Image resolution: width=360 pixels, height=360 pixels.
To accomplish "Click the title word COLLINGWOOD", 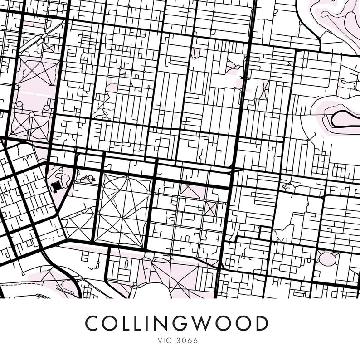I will click(176, 323).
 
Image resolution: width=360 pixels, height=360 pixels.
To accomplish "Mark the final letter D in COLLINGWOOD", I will click(261, 323).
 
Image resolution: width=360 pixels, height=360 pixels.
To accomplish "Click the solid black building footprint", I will click(56, 186).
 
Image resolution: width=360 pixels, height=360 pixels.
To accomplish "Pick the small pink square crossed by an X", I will click(209, 208).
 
